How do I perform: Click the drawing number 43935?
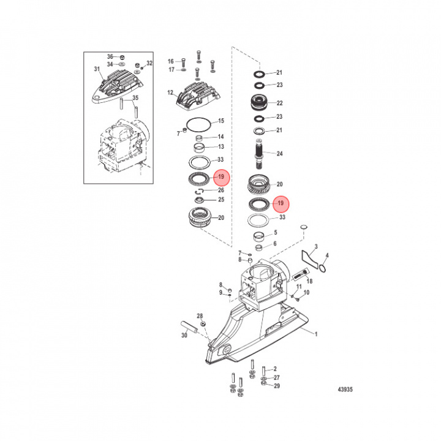coord(345,390)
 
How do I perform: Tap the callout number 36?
coord(110,56)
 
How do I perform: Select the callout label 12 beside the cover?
coord(170,92)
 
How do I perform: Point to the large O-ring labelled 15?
coord(198,124)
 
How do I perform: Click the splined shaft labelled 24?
coord(258,154)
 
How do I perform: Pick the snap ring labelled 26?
coord(199,192)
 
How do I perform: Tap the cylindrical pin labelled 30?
coord(189,327)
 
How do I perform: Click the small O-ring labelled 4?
coord(323,269)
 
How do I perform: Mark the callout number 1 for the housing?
coord(316,334)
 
